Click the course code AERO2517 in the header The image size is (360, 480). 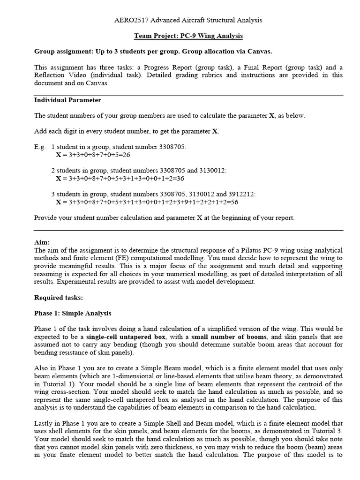130,20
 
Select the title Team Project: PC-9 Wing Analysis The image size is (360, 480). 188,36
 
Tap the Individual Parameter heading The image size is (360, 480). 67,100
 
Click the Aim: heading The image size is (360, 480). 42,242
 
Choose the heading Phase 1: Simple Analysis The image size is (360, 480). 73,313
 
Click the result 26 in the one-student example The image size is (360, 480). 126,154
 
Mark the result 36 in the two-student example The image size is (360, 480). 180,179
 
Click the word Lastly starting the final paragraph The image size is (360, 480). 44,423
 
